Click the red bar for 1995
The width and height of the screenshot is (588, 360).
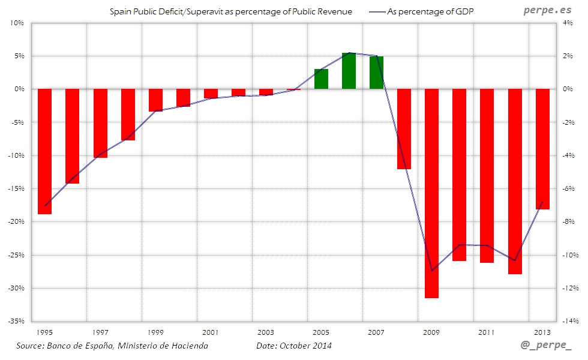(x=44, y=151)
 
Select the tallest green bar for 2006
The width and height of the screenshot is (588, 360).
(x=349, y=71)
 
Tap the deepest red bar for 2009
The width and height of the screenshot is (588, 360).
(x=431, y=193)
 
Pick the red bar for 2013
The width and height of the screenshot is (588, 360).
(x=542, y=149)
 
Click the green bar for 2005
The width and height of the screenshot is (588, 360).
(x=321, y=79)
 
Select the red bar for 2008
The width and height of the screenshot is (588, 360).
(x=404, y=128)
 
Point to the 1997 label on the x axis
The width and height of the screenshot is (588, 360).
(x=100, y=332)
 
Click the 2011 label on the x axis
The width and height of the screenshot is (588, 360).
(x=487, y=332)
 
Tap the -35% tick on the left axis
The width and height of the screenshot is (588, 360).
(x=16, y=321)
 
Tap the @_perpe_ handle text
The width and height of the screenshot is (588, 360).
(x=546, y=347)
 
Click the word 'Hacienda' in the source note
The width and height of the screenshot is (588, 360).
(x=188, y=346)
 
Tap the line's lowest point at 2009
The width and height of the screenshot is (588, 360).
(x=432, y=271)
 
